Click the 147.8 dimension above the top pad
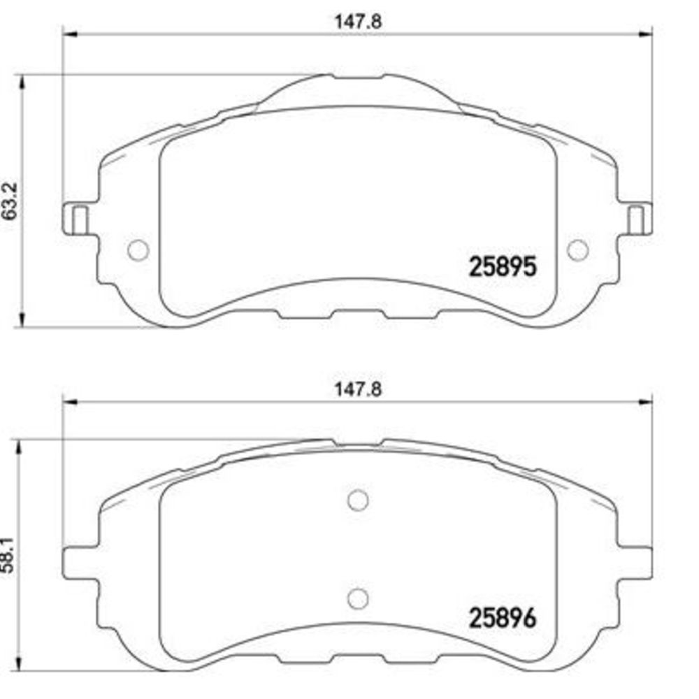[358, 22]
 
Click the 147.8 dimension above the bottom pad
[358, 389]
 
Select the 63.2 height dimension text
[10, 201]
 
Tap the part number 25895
[503, 267]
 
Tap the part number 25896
[503, 618]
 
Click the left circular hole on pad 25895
[138, 250]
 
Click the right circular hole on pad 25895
[578, 250]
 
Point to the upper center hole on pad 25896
[358, 500]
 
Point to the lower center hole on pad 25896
[358, 599]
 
